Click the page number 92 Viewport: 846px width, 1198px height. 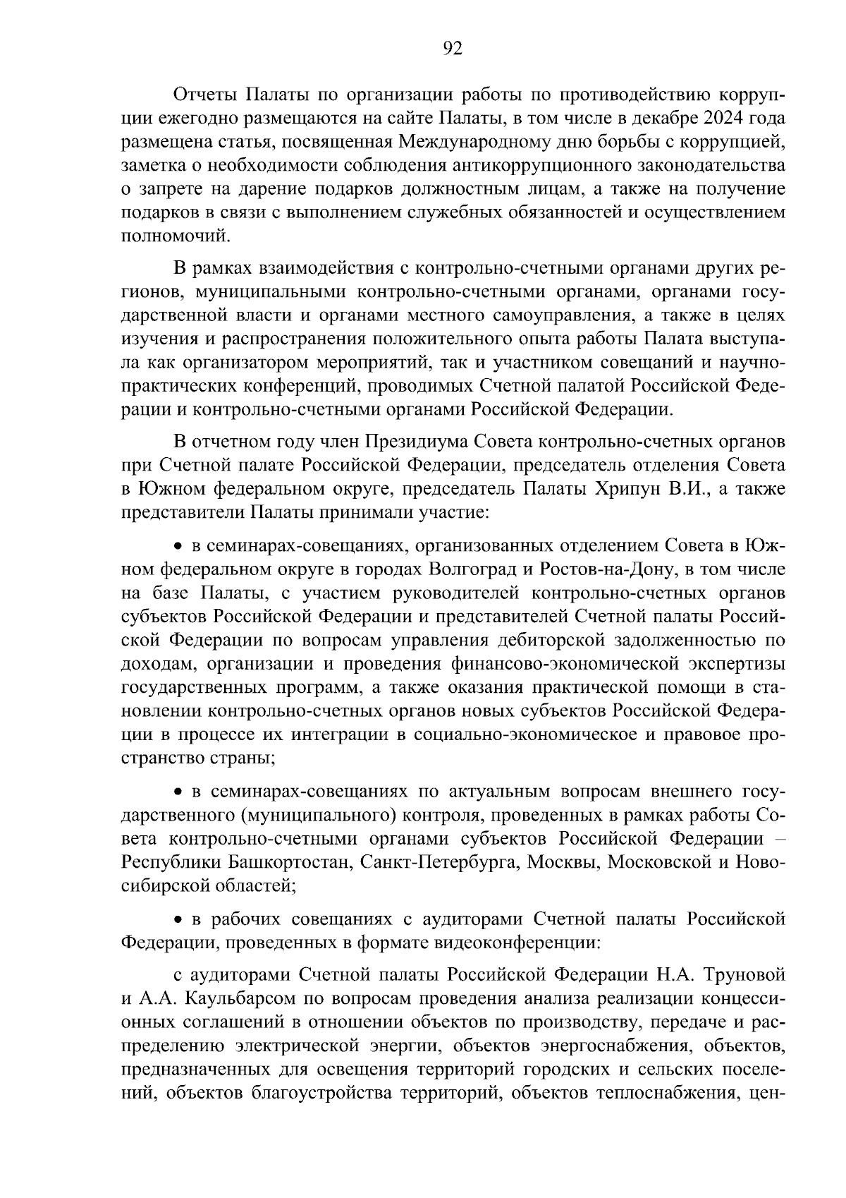click(x=452, y=49)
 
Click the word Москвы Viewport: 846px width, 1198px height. click(x=560, y=861)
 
